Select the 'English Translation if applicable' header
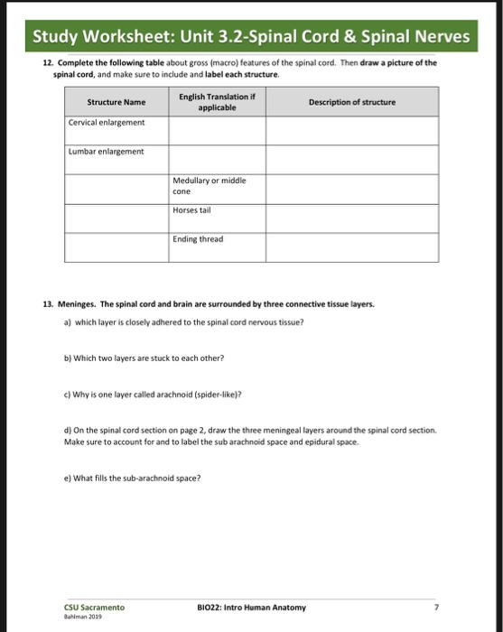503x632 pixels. tap(212, 101)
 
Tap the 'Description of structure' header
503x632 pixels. tap(351, 102)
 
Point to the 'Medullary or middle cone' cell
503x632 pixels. tap(210, 186)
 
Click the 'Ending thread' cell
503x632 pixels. tap(198, 239)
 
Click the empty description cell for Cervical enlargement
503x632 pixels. tap(351, 130)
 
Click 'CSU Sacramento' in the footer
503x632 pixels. tap(94, 608)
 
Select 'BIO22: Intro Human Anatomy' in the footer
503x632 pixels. tap(251, 608)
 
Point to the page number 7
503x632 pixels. tap(435, 608)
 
